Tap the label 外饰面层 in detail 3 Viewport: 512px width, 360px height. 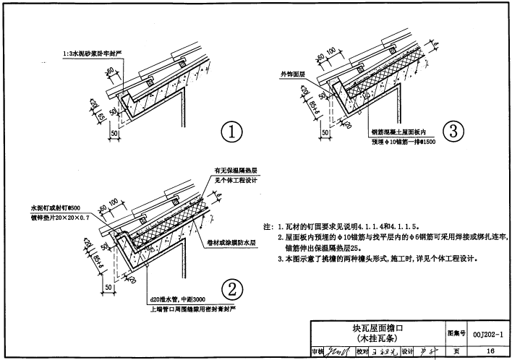pyautogui.click(x=293, y=74)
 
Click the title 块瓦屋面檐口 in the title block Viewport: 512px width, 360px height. pyautogui.click(x=377, y=329)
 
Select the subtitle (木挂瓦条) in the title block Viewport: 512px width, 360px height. pyautogui.click(x=377, y=338)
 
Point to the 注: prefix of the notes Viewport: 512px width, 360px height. pyautogui.click(x=267, y=226)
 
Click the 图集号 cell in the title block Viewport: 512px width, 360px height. pyautogui.click(x=455, y=333)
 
